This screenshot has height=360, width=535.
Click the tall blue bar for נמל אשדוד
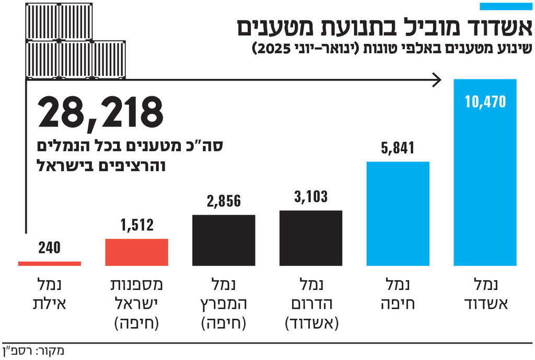tap(485, 172)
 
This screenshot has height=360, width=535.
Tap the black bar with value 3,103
tap(311, 238)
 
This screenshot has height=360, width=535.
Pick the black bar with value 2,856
tap(224, 240)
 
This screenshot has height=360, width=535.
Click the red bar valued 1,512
tap(136, 252)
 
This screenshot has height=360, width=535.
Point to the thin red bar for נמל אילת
tap(50, 263)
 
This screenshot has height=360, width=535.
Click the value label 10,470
tap(485, 101)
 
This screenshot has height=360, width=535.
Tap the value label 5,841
tap(398, 148)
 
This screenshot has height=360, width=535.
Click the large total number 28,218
tap(100, 113)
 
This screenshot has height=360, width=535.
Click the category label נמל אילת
tap(50, 295)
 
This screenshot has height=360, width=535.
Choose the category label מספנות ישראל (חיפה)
tap(136, 305)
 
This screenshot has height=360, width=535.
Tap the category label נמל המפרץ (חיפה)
tap(224, 305)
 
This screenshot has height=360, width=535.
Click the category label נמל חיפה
tap(398, 295)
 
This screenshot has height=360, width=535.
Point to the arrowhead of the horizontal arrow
tap(437, 80)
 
